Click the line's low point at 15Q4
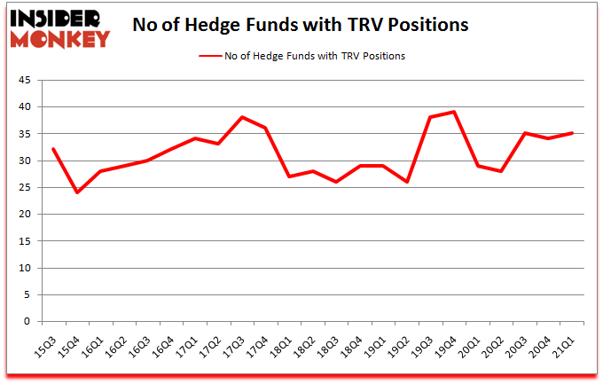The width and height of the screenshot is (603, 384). [77, 192]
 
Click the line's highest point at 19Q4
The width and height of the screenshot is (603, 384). [455, 112]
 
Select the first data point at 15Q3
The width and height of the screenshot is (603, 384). [53, 149]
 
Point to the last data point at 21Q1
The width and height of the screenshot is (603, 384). [573, 133]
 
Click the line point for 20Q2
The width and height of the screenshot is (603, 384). [502, 171]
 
